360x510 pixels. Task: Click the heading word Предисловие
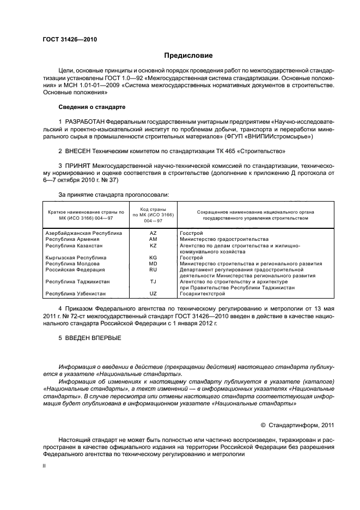188,56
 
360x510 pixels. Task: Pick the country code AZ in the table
152,233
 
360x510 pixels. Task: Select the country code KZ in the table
152,246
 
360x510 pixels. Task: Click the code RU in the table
152,270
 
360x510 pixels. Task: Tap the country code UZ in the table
152,294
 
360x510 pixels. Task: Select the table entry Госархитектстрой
202,294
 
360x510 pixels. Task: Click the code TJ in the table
152,282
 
